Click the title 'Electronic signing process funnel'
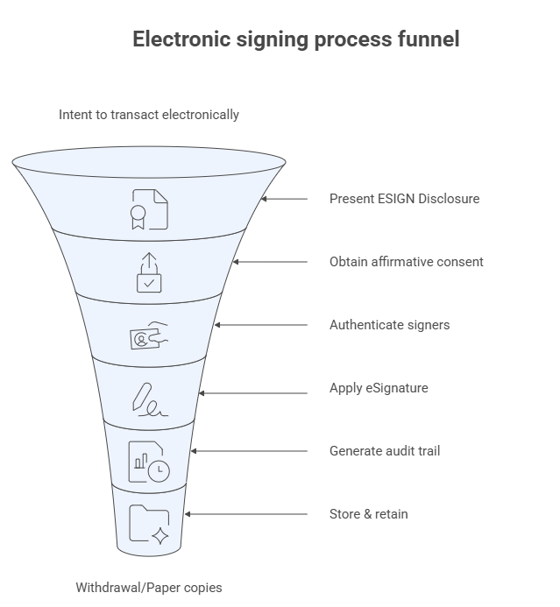click(x=295, y=39)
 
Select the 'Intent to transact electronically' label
click(x=148, y=115)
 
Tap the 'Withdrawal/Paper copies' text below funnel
click(x=148, y=587)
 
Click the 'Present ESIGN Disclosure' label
click(x=404, y=199)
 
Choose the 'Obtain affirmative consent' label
click(x=406, y=262)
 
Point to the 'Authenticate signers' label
click(x=389, y=325)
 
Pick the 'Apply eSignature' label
click(x=379, y=388)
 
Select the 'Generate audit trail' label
click(x=384, y=451)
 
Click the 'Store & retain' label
click(x=368, y=514)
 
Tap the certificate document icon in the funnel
click(x=149, y=208)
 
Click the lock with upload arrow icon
click(x=149, y=272)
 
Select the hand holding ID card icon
click(x=149, y=335)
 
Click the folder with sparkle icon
click(x=149, y=525)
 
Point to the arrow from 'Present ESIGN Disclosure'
click(x=285, y=199)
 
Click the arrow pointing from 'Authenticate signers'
click(x=261, y=325)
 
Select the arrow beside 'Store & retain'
click(x=246, y=514)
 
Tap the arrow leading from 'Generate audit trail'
click(x=250, y=451)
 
